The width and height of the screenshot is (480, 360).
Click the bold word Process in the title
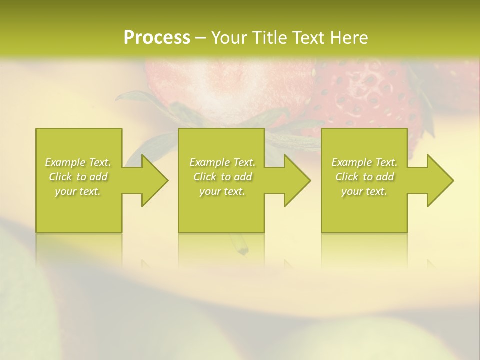click(157, 38)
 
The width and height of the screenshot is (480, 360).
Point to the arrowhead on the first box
click(152, 180)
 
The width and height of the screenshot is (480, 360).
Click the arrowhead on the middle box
click(294, 180)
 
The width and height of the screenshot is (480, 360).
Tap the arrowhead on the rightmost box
click(437, 180)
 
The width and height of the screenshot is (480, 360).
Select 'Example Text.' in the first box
click(78, 162)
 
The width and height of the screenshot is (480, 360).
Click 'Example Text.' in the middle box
click(222, 162)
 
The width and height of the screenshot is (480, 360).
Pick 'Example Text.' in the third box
click(364, 162)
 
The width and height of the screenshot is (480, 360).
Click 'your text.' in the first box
click(78, 191)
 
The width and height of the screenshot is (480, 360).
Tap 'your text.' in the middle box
click(222, 191)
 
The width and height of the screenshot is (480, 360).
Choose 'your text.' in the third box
click(364, 191)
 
